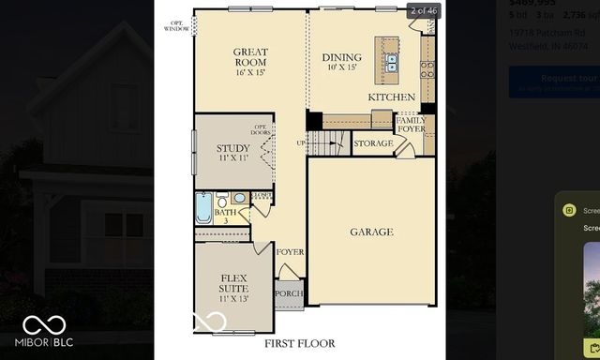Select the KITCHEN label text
(x=391, y=97)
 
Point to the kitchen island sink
(x=391, y=63)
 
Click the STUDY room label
(x=232, y=152)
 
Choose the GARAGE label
(x=371, y=232)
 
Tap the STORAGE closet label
(x=373, y=143)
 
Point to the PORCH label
(x=288, y=293)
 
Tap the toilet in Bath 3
(x=222, y=200)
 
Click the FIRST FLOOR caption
(x=299, y=343)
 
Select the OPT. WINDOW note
(x=175, y=25)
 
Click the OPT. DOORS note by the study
(x=261, y=130)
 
